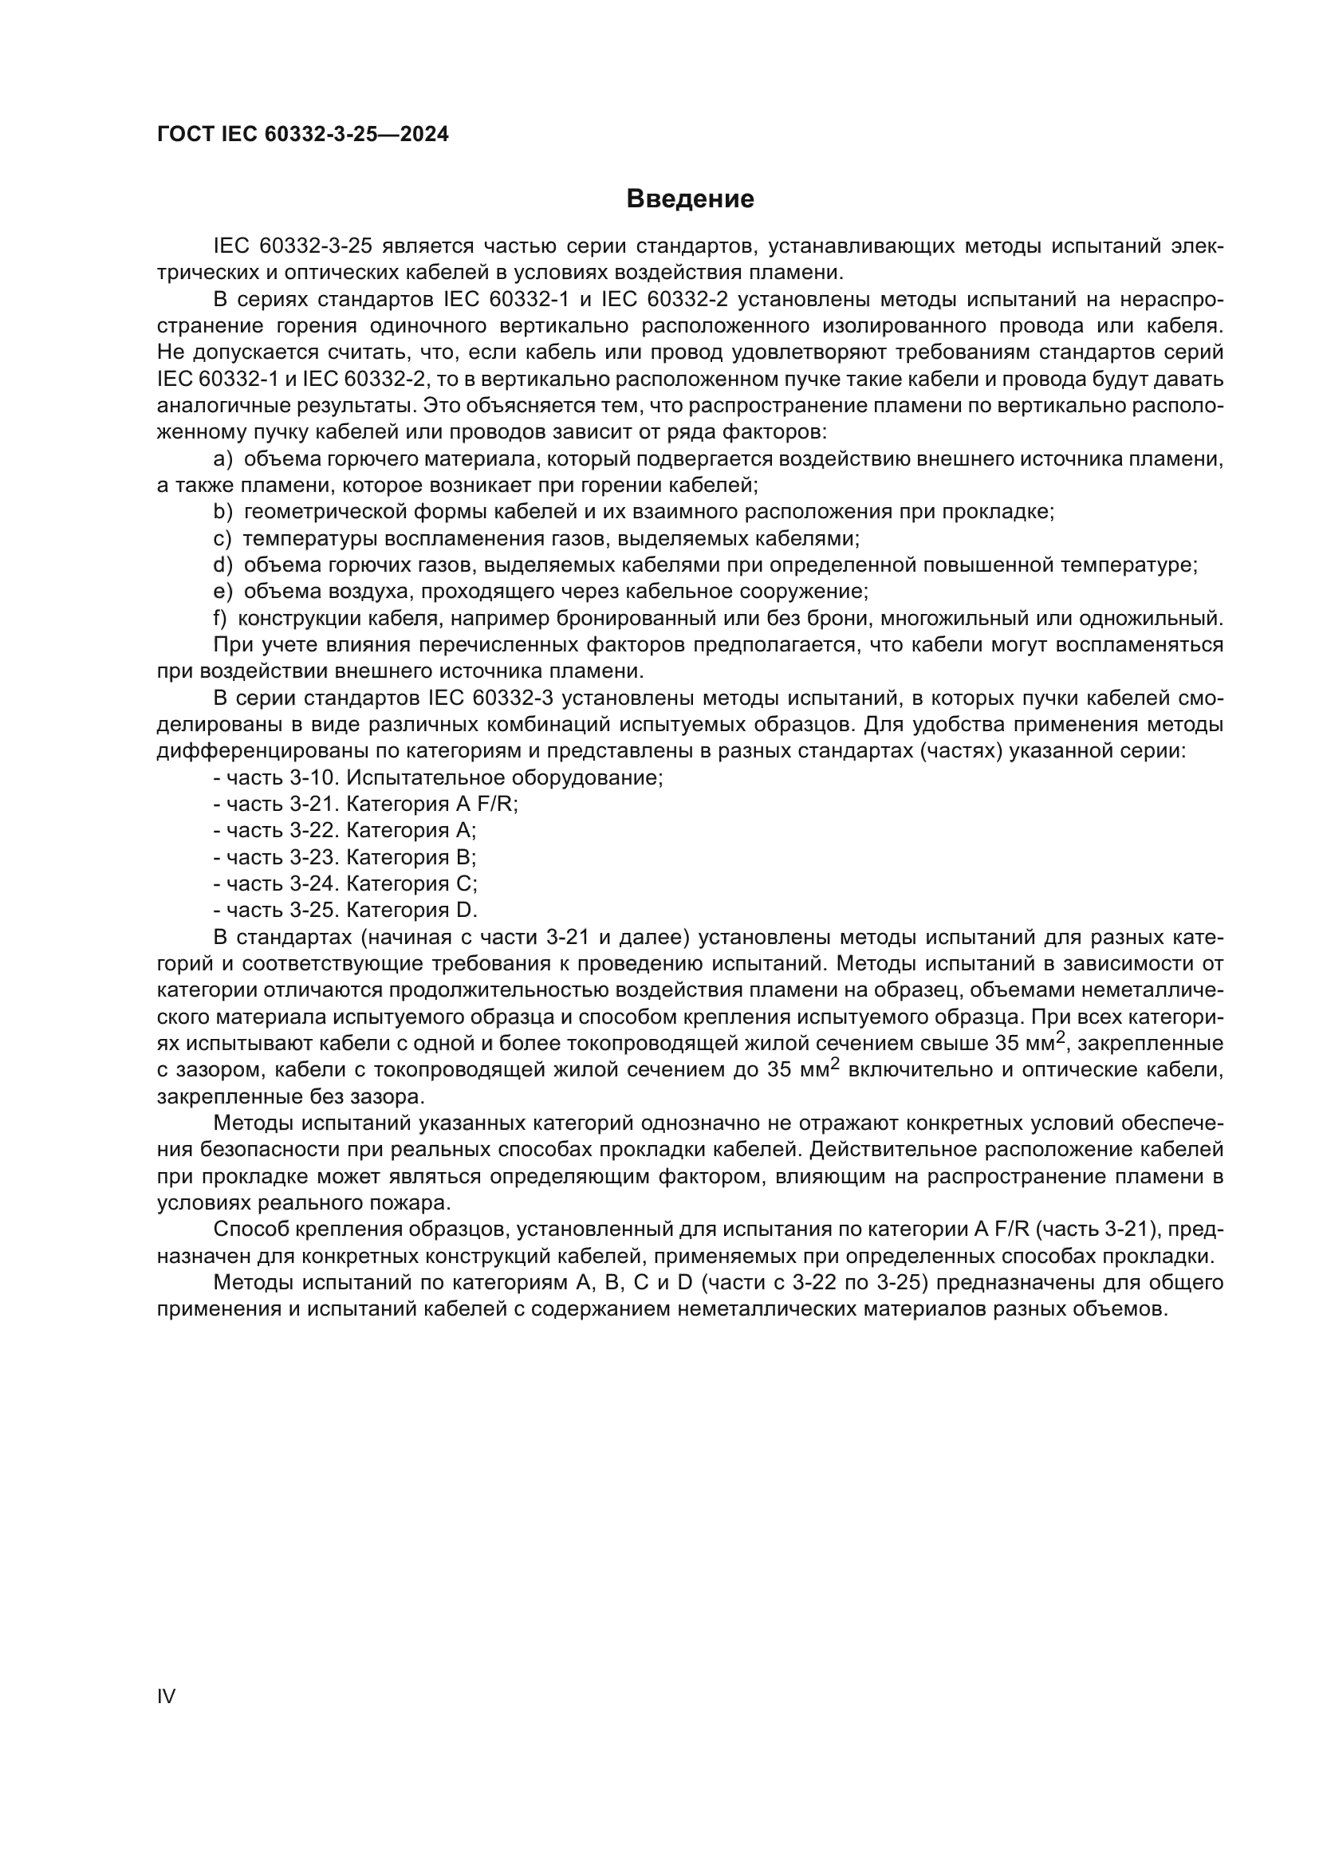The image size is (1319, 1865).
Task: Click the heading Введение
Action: click(x=690, y=199)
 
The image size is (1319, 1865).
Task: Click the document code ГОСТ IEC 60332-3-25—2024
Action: click(x=302, y=134)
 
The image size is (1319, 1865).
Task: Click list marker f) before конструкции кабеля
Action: click(x=219, y=619)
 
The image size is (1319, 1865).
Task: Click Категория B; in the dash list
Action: click(x=411, y=858)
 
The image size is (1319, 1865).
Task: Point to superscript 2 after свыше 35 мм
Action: click(x=1060, y=1037)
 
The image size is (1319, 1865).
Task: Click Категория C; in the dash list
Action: click(x=411, y=883)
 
